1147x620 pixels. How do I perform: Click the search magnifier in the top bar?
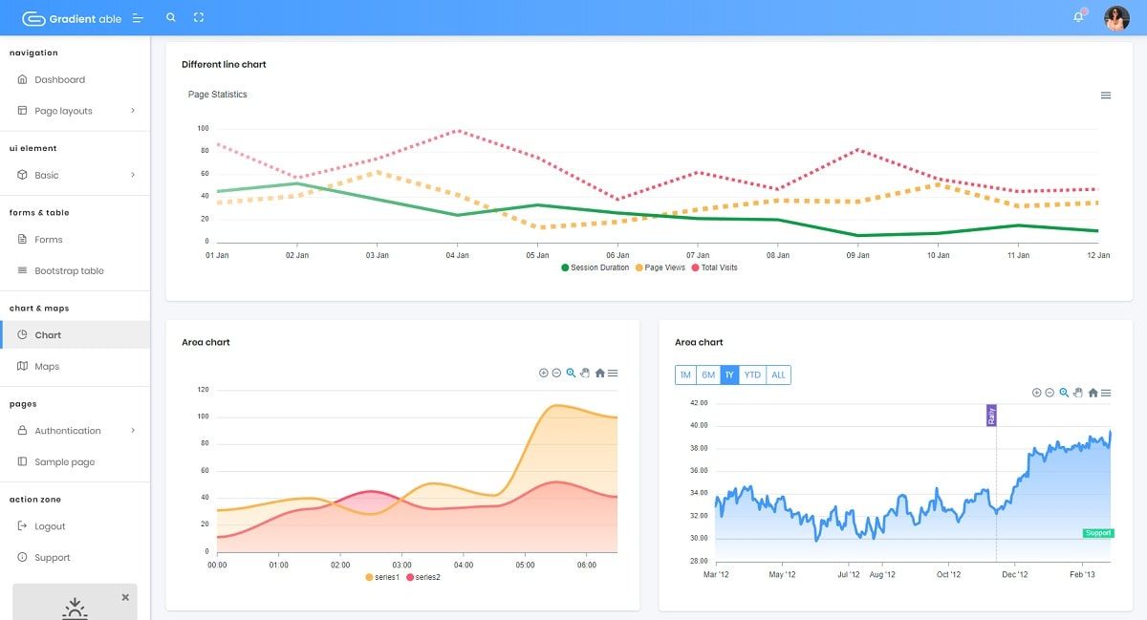pyautogui.click(x=171, y=17)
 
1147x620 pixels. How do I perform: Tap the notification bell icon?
pyautogui.click(x=1078, y=17)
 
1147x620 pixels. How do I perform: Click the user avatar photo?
pyautogui.click(x=1116, y=18)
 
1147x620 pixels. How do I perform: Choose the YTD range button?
pyautogui.click(x=752, y=374)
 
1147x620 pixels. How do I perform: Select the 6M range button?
pyautogui.click(x=708, y=374)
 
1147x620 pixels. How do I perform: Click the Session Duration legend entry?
pyautogui.click(x=595, y=267)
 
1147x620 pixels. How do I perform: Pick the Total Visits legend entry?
pyautogui.click(x=714, y=267)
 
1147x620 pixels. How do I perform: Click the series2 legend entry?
pyautogui.click(x=422, y=577)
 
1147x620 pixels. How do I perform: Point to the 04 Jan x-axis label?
pyautogui.click(x=457, y=255)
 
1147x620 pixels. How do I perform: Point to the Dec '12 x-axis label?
pyautogui.click(x=1015, y=574)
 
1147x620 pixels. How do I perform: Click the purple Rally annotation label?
pyautogui.click(x=991, y=416)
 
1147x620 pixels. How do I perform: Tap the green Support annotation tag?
pyautogui.click(x=1098, y=533)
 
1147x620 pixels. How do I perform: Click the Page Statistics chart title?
pyautogui.click(x=218, y=95)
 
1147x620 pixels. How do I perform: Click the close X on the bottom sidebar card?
pyautogui.click(x=125, y=597)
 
